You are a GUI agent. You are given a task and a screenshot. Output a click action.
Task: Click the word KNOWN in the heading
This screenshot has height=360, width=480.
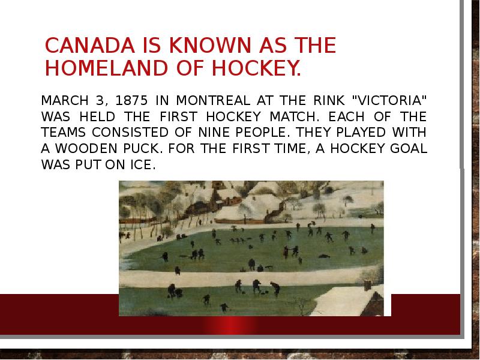(184, 46)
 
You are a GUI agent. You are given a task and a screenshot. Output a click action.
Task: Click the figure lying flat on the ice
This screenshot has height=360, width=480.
(325, 256)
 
